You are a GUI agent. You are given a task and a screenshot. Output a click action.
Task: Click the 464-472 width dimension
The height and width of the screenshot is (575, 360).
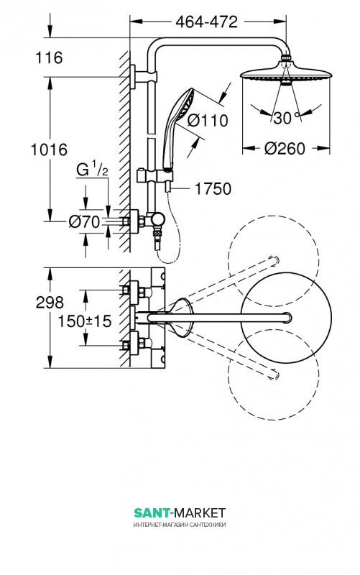pos(206,22)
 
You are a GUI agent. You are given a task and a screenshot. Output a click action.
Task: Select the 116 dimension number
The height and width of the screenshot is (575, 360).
pos(49,58)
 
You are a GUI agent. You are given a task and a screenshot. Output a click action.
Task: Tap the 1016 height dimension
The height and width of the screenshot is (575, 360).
pos(49,149)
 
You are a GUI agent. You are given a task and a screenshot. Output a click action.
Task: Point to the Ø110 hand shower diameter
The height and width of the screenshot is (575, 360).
pos(208,120)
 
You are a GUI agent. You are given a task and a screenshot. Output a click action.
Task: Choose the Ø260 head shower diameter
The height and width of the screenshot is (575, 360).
pos(285,149)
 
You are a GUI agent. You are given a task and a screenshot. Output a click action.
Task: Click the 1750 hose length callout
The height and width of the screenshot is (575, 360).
pos(213,189)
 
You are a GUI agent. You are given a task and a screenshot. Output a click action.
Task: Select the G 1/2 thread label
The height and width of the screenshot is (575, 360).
pos(92,170)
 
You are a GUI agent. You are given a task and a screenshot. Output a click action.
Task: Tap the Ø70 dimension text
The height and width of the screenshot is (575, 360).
pos(84,221)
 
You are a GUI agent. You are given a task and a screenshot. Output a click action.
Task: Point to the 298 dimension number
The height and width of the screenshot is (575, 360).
pos(50,303)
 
